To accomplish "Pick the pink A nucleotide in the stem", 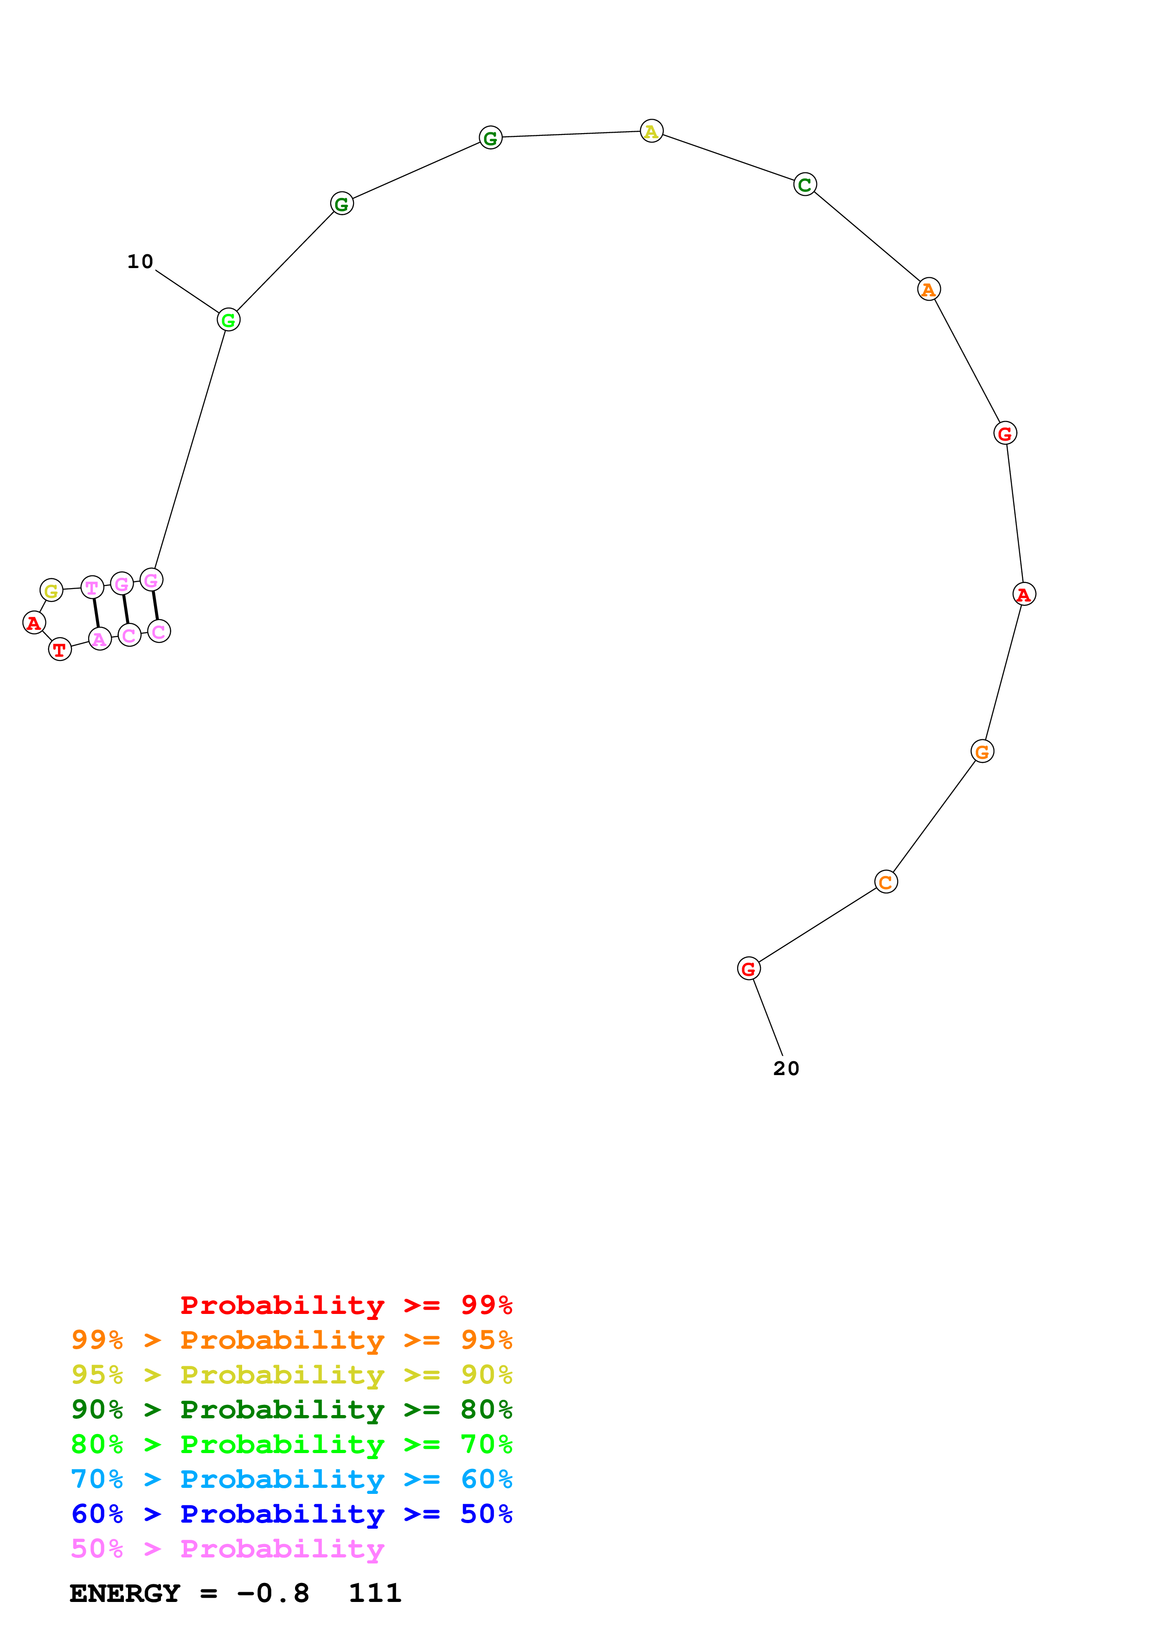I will [x=100, y=639].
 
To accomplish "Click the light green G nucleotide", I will [x=228, y=320].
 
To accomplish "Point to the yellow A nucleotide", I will [x=651, y=131].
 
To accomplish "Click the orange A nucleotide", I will [x=928, y=289].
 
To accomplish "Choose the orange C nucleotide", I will [x=886, y=882].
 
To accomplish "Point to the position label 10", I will [x=140, y=262].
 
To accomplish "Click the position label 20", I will [x=786, y=1068].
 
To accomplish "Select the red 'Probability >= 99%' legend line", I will [x=346, y=1305].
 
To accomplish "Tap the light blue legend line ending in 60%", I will [x=291, y=1479].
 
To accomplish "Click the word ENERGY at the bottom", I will [x=125, y=1593].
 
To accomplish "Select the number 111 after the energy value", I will [x=375, y=1593].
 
